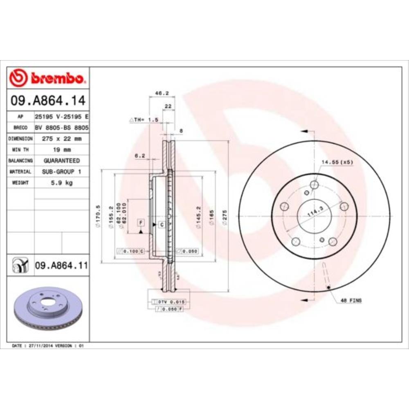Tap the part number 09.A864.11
pos(61,266)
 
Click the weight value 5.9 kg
pos(61,183)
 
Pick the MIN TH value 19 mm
pos(61,150)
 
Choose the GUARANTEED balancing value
pos(61,161)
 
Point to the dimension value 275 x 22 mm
pos(61,139)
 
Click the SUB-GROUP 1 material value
pos(61,172)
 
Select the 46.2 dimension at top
pos(162,93)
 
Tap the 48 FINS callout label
pos(351,301)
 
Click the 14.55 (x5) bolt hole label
pos(337,162)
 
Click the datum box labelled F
pos(141,222)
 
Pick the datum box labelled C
pos(161,225)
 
